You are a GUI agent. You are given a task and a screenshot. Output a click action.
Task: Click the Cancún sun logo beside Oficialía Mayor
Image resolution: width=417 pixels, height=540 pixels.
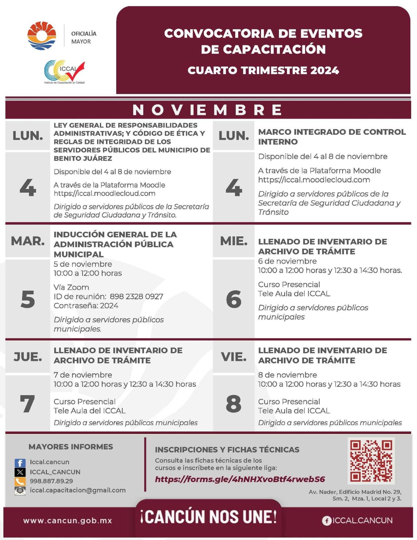41,35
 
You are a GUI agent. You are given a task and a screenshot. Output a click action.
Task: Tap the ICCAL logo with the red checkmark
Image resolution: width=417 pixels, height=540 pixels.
64,71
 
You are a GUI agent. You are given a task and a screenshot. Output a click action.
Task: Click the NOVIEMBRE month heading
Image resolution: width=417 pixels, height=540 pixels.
208,110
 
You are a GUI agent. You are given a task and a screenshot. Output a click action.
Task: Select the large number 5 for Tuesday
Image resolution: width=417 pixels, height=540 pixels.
28,299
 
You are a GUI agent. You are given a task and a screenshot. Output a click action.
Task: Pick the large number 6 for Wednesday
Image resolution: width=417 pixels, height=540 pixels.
233,299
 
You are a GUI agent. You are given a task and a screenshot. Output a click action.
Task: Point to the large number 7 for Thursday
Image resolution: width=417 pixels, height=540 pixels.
27,404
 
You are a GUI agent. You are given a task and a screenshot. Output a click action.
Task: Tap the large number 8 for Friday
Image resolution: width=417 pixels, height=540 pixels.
233,404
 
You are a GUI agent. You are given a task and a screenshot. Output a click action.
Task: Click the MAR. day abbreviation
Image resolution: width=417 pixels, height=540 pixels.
28,241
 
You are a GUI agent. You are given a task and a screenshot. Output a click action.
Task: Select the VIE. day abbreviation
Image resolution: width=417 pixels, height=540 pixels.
233,357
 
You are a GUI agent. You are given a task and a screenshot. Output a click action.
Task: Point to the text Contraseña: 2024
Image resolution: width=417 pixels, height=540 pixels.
86,306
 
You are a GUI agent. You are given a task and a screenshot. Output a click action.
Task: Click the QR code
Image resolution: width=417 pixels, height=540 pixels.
371,461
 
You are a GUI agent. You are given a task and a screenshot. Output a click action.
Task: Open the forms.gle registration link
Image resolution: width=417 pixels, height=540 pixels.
240,479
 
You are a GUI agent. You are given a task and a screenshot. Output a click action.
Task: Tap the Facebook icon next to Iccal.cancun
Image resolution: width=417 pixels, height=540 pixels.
20,463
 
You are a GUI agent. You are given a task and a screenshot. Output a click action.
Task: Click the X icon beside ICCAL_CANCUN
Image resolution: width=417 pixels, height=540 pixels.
20,472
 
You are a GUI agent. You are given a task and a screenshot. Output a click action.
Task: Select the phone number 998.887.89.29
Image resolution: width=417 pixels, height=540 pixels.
51,481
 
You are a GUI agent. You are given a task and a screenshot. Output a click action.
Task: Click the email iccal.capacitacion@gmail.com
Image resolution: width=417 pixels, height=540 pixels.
78,490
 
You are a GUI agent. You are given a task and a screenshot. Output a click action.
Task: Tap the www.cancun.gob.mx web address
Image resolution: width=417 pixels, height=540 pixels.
67,520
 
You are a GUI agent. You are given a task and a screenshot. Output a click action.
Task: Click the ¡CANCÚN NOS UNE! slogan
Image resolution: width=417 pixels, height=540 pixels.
208,517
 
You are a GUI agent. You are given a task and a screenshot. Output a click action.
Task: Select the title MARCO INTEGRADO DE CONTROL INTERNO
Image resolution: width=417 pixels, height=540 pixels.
332,137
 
